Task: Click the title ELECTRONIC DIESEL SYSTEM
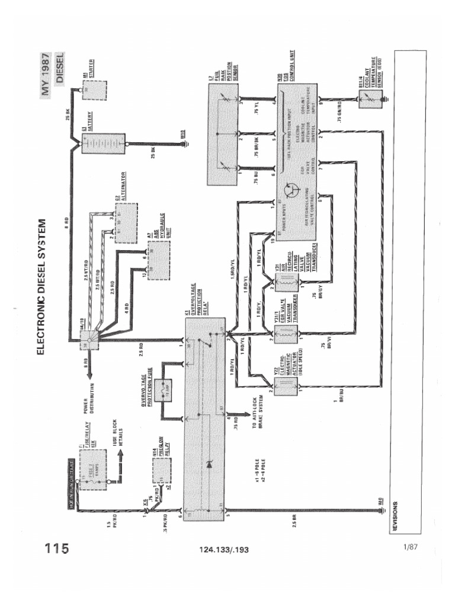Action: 41,287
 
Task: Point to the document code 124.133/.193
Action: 225,550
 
